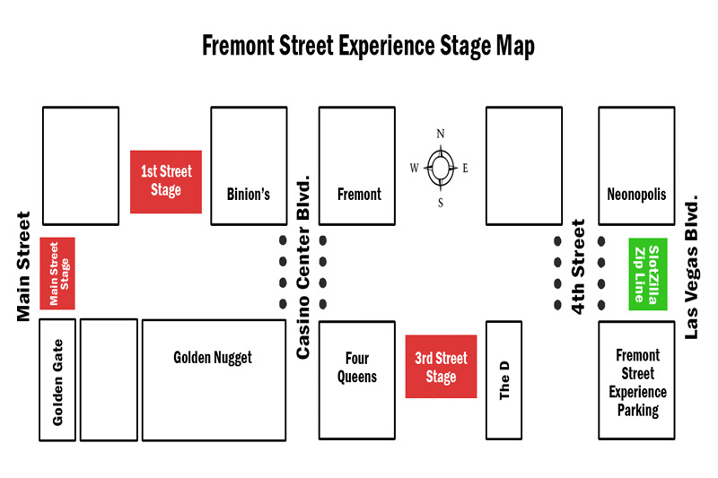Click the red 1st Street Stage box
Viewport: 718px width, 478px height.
[166, 180]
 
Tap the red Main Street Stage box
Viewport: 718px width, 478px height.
[57, 274]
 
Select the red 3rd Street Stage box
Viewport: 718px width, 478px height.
[441, 367]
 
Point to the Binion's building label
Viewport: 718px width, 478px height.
[249, 194]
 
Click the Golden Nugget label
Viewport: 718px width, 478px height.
[213, 357]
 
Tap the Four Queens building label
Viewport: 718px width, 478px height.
[357, 367]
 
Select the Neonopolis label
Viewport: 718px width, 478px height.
[636, 194]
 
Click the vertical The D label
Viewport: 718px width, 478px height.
[504, 379]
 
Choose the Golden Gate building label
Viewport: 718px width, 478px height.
[57, 393]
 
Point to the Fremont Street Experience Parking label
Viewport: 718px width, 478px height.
[638, 383]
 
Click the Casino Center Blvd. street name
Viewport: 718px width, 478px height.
[303, 267]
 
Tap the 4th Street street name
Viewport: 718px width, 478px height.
[579, 266]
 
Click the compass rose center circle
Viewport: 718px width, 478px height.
[441, 167]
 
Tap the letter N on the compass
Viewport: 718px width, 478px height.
[441, 135]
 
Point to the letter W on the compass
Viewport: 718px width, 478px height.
[414, 168]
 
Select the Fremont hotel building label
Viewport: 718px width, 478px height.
[359, 194]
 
